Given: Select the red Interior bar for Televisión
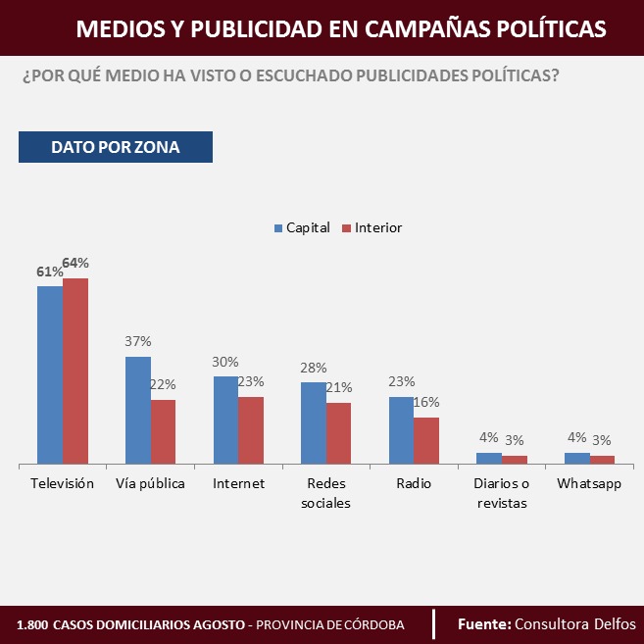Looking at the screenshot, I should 75,371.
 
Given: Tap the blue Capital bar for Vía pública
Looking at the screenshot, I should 138,410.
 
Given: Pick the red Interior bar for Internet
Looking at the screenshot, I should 251,429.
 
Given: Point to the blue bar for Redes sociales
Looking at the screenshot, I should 314,422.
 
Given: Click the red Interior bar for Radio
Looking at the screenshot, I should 426,440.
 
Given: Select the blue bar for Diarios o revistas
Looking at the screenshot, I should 489,458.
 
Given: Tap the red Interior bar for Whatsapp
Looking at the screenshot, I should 602,459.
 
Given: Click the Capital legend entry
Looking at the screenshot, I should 301,227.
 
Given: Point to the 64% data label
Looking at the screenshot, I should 75,263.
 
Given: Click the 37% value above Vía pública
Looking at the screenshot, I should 137,341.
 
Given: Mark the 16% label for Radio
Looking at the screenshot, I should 426,402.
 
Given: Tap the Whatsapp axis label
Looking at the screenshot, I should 589,483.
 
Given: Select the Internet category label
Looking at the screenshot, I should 238,483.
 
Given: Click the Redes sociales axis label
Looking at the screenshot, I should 326,493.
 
